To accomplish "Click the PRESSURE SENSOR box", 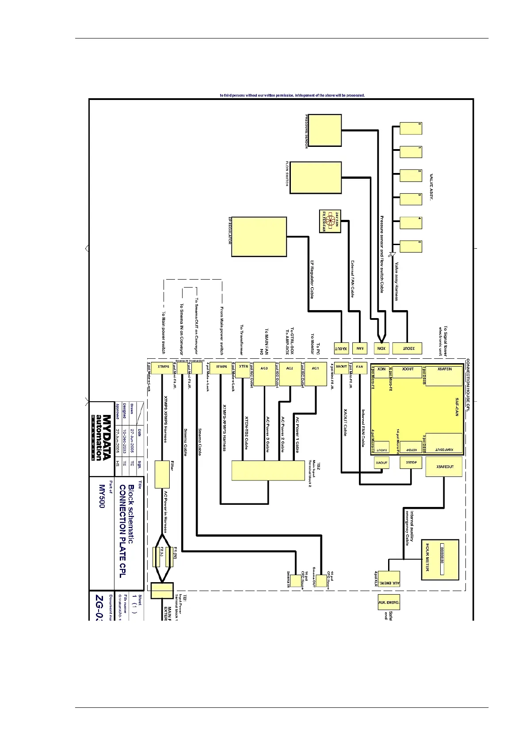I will pyautogui.click(x=324, y=130).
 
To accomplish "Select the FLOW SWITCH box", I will pyautogui.click(x=315, y=177).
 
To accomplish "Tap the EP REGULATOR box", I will pyautogui.click(x=259, y=236).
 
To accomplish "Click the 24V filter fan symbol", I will pyautogui.click(x=330, y=221).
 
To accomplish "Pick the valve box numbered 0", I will pyautogui.click(x=411, y=128).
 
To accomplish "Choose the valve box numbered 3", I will pyautogui.click(x=411, y=199).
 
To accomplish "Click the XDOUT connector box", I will pyautogui.click(x=407, y=348).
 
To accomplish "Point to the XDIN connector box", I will pyautogui.click(x=381, y=348).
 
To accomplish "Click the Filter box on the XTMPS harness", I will pyautogui.click(x=162, y=475).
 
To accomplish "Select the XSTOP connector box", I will pyautogui.click(x=411, y=463).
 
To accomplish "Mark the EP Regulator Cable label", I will pyautogui.click(x=312, y=279).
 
